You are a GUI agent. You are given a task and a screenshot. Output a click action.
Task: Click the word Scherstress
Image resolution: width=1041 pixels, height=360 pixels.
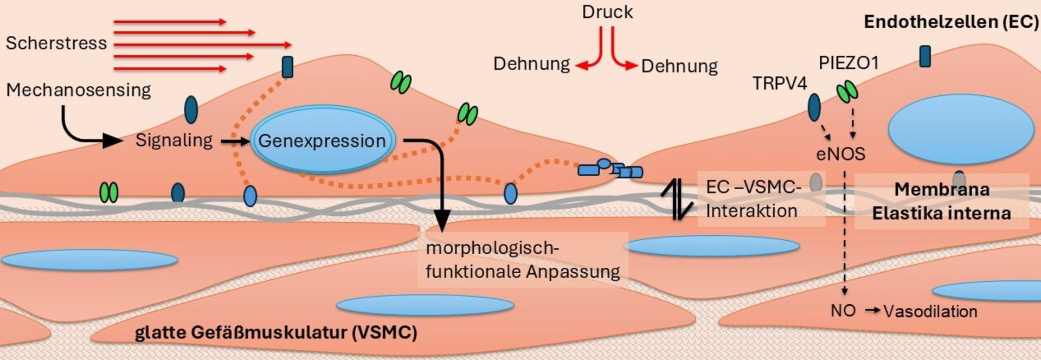[56, 43]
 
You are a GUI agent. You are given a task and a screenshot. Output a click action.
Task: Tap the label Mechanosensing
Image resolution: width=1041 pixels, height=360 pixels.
[79, 90]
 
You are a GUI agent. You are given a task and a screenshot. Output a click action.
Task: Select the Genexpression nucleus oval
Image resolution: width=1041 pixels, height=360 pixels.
[322, 140]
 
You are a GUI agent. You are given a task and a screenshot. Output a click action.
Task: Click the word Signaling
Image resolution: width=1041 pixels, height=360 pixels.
[174, 140]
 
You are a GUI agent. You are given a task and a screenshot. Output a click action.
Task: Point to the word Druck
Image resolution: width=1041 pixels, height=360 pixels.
[607, 12]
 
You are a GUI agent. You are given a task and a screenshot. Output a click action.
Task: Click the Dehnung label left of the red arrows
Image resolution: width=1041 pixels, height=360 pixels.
[531, 64]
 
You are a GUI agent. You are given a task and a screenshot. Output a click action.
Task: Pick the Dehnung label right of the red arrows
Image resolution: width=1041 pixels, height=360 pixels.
[679, 66]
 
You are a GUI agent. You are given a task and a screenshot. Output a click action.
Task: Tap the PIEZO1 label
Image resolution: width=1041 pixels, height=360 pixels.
[848, 63]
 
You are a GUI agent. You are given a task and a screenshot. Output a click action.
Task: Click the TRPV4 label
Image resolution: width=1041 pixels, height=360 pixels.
[780, 83]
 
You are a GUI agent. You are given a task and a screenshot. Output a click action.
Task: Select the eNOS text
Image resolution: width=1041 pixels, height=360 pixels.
[840, 154]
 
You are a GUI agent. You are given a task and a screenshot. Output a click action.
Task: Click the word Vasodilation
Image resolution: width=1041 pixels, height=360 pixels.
[930, 311]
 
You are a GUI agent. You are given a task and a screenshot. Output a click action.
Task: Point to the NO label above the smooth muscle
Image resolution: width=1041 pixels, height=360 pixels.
[843, 311]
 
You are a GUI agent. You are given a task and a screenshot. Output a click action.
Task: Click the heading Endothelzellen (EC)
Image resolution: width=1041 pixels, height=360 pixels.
[951, 22]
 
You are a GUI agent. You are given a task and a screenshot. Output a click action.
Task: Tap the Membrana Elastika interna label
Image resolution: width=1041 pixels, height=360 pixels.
[941, 201]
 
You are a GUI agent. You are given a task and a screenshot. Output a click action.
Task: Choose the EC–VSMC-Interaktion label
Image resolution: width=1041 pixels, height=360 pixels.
[753, 199]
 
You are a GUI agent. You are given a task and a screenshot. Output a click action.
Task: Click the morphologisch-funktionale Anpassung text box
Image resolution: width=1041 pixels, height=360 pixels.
[523, 260]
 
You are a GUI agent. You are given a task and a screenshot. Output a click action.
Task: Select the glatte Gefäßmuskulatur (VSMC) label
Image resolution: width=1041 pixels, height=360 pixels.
[275, 332]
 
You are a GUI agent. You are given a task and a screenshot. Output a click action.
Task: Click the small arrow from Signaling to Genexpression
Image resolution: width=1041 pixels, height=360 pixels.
[234, 142]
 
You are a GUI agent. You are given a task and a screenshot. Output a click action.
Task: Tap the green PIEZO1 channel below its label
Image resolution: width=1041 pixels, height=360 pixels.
[847, 92]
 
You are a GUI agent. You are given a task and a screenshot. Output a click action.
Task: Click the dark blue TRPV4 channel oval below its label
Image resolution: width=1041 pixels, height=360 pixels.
[814, 107]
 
